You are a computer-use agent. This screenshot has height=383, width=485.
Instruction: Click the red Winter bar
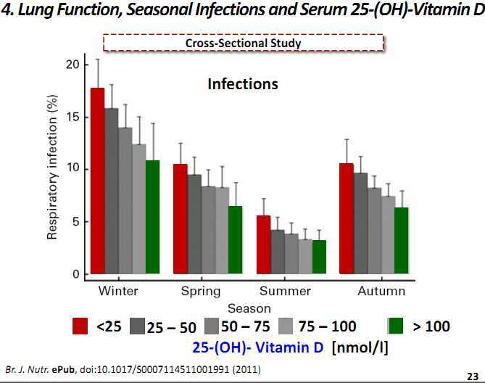click(98, 181)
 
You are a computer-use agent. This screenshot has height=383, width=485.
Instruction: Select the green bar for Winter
click(153, 218)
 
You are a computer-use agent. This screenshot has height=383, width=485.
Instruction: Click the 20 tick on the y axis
click(72, 65)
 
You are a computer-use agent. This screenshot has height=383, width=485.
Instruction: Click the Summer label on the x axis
click(285, 291)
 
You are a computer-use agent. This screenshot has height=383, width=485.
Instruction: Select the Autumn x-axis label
click(381, 291)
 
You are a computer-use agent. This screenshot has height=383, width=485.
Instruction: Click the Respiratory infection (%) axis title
click(53, 168)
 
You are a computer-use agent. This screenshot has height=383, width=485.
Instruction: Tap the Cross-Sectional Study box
click(243, 43)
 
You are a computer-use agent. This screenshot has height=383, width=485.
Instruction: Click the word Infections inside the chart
click(243, 84)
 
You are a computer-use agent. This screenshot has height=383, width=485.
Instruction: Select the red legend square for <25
click(81, 326)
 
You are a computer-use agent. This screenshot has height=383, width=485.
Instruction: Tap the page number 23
click(472, 374)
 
